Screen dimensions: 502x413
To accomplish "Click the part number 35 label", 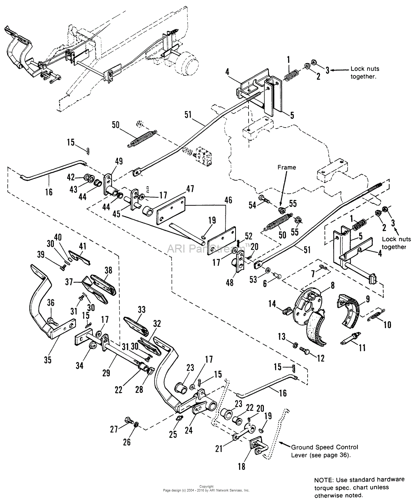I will pos(48,359).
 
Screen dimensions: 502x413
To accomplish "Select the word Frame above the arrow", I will pos(287,167).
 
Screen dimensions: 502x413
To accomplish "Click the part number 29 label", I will pos(106,373).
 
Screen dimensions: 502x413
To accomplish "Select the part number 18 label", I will pos(241,466).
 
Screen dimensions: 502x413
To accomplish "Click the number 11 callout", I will pos(362,348).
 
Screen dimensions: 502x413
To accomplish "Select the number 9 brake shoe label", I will pos(367,299).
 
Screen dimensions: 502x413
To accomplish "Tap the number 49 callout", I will pos(119,161).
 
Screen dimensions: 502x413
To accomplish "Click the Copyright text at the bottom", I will pos(206,486).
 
